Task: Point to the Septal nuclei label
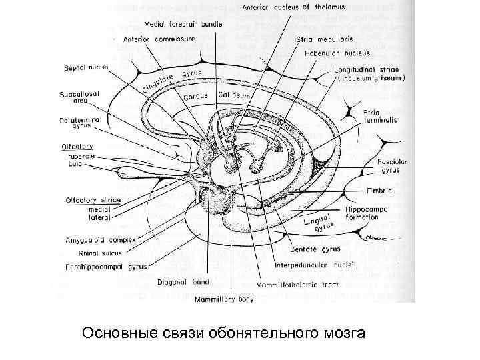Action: pos(87,67)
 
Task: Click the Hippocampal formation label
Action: pos(371,213)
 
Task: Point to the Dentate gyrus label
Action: pos(315,249)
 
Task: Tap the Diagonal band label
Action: pos(182,282)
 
